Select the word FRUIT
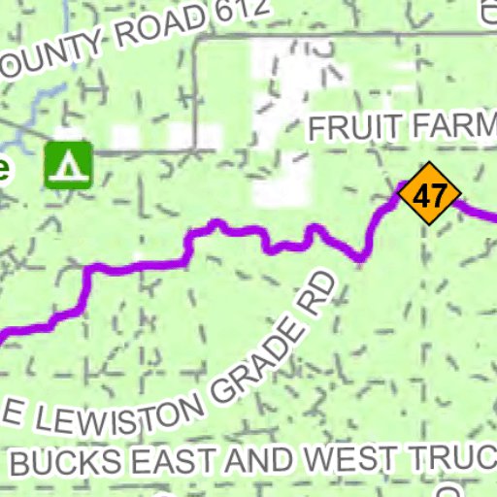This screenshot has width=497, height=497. (x=351, y=127)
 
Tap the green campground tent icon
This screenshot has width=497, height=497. (x=68, y=164)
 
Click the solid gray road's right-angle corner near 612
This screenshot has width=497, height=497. (x=198, y=43)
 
